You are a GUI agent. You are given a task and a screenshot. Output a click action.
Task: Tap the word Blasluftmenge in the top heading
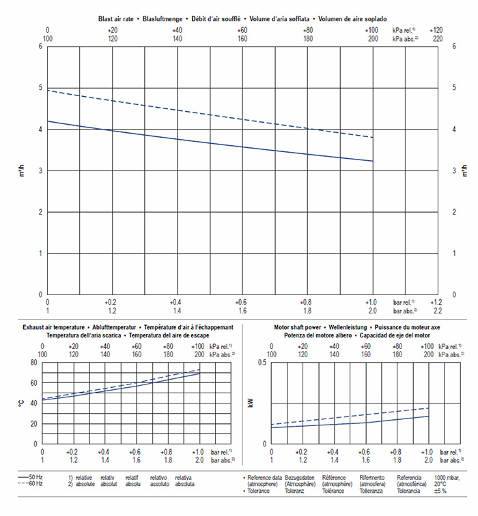(167, 20)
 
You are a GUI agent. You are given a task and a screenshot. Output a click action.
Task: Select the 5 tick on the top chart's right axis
(455, 88)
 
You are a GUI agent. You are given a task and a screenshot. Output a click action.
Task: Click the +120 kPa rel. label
(436, 31)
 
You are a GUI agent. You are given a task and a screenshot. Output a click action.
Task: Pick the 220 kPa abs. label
(436, 39)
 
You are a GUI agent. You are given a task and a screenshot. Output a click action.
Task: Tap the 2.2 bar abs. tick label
(436, 310)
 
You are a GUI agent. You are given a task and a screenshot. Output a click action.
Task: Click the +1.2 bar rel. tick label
(436, 301)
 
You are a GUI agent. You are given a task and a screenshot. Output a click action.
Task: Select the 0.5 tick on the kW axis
(262, 362)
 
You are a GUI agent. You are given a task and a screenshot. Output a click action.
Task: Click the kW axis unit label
(251, 403)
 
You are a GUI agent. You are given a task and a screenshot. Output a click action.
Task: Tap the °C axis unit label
(22, 403)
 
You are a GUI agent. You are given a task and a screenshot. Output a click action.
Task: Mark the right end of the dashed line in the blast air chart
(373, 138)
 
